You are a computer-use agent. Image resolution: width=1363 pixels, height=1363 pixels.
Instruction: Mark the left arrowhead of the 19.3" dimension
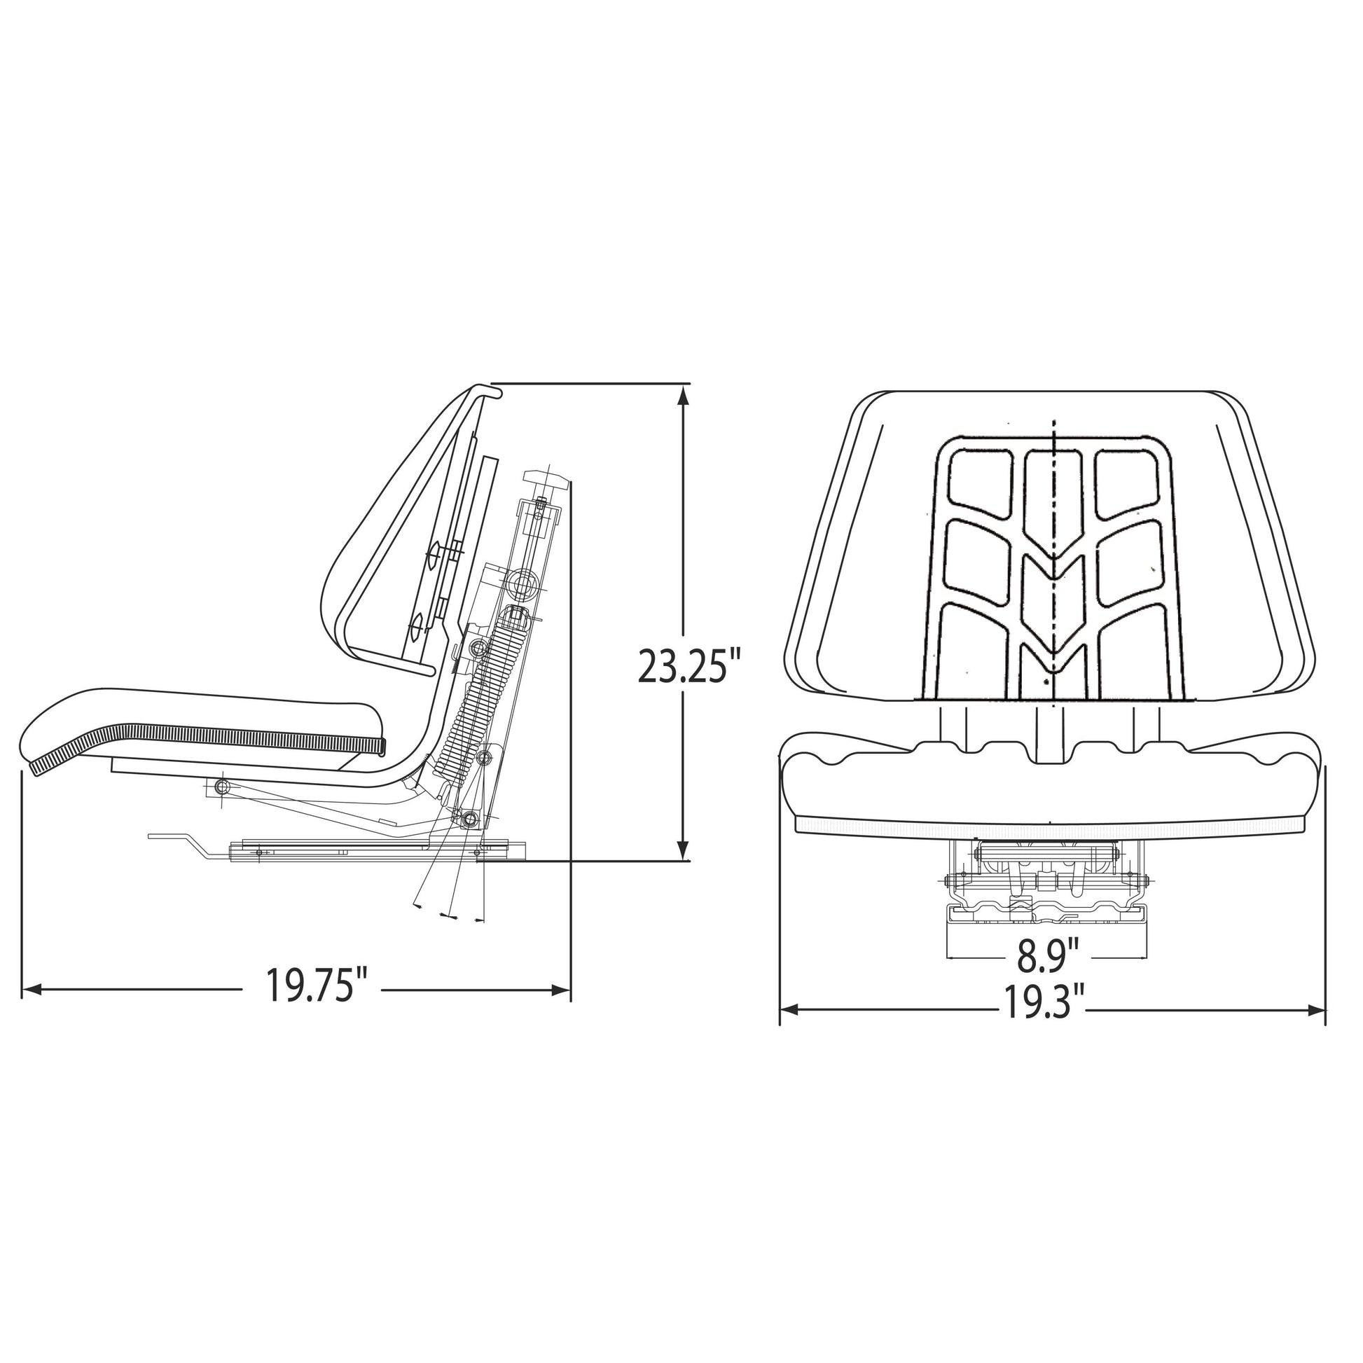point(789,1010)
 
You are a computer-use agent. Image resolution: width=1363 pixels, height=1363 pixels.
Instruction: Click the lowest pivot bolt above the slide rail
point(469,819)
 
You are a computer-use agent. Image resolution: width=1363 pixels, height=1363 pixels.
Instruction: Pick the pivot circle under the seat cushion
point(222,786)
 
